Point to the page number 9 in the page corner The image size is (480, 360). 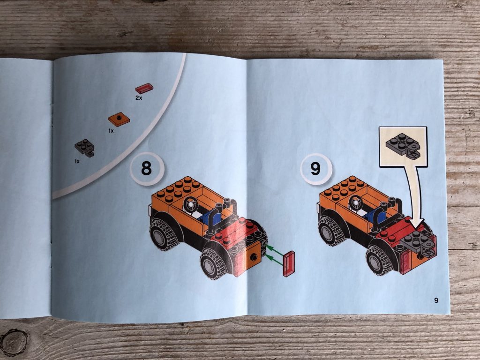[x=436, y=300]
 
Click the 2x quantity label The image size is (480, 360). [x=139, y=98]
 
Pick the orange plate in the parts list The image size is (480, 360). [x=119, y=119]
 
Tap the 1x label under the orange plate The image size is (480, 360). [x=111, y=131]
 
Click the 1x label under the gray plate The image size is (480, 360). [x=76, y=161]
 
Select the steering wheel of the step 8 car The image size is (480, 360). [x=191, y=204]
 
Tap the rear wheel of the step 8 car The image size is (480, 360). [x=162, y=233]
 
